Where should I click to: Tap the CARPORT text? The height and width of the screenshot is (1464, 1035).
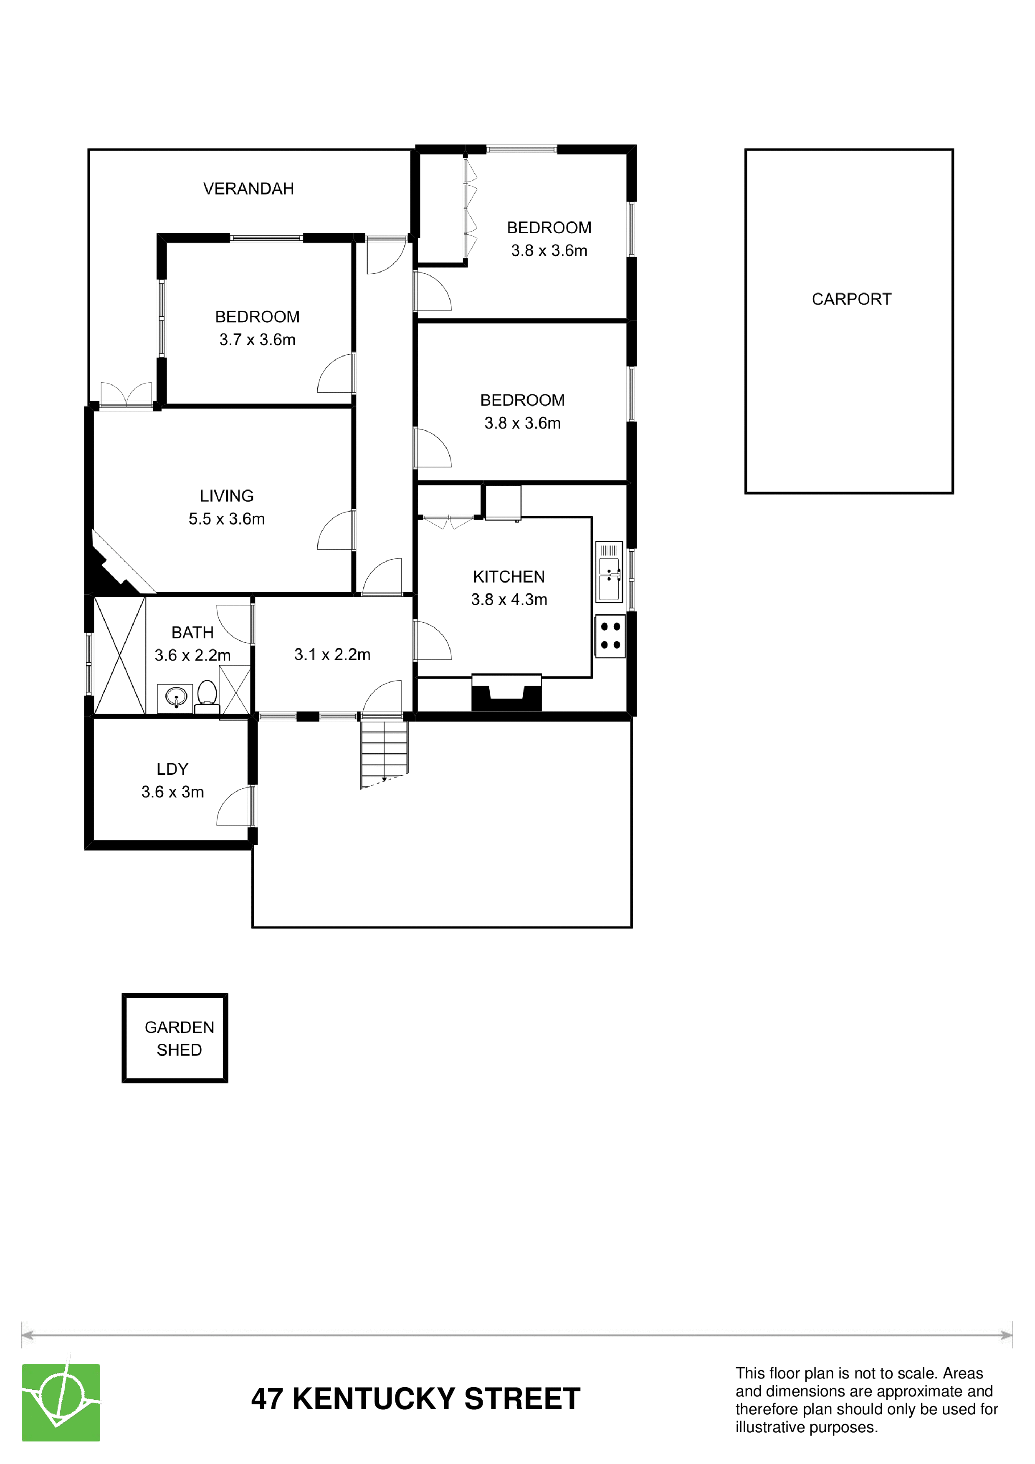pos(851,299)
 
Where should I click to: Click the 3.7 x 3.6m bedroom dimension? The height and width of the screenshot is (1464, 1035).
pos(258,339)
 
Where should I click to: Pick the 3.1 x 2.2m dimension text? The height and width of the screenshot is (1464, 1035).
pos(332,654)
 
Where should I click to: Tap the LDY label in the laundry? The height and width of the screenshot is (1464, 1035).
pos(172,769)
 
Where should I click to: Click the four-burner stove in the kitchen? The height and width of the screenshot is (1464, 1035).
pos(610,636)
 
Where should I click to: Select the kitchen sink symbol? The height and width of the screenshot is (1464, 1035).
pos(609,572)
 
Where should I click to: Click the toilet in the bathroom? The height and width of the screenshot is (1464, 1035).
pos(207,696)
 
